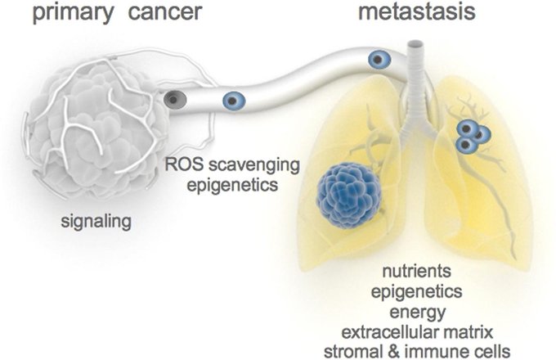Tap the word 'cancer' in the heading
point(168,16)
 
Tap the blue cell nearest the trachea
point(378,58)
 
